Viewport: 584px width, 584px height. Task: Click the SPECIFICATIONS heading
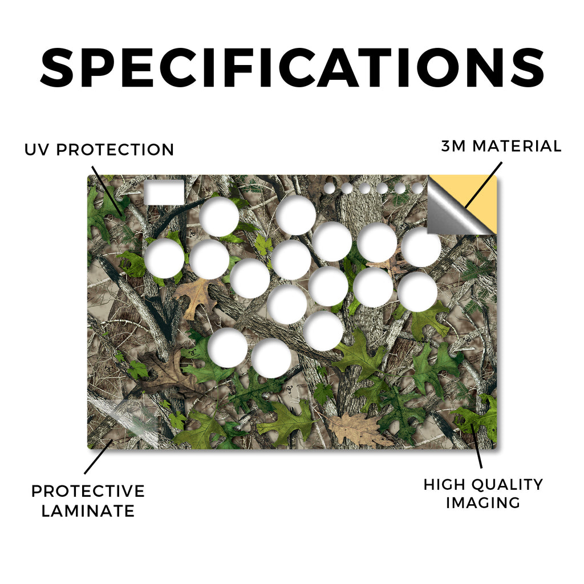click(x=292, y=68)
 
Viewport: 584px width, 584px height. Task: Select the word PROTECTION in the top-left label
click(x=115, y=150)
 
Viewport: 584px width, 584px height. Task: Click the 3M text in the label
click(x=453, y=146)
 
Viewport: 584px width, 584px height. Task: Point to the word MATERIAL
click(x=517, y=146)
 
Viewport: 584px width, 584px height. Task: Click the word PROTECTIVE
click(x=88, y=491)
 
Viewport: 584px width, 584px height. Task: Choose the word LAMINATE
click(x=88, y=510)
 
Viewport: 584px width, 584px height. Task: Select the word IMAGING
click(x=483, y=503)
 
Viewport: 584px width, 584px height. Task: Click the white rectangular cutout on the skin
click(x=164, y=192)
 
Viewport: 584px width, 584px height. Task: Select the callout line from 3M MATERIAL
click(x=483, y=185)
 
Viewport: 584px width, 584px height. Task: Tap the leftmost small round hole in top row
click(x=329, y=188)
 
